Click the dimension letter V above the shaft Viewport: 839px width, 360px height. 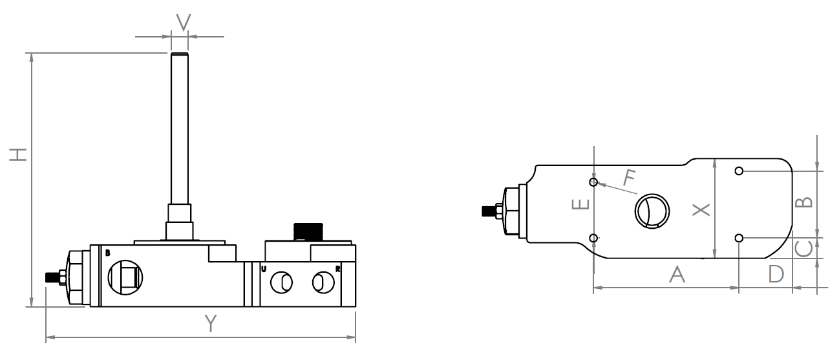[x=184, y=23]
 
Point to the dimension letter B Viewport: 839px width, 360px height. [x=803, y=202]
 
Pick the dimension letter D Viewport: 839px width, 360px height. [x=776, y=273]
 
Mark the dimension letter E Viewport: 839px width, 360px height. [x=582, y=204]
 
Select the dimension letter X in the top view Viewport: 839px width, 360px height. [x=701, y=209]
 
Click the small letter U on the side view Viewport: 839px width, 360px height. [x=264, y=268]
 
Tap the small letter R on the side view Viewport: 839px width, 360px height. [x=337, y=268]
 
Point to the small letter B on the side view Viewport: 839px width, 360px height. [x=107, y=253]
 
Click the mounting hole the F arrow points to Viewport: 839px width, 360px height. [x=594, y=181]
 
